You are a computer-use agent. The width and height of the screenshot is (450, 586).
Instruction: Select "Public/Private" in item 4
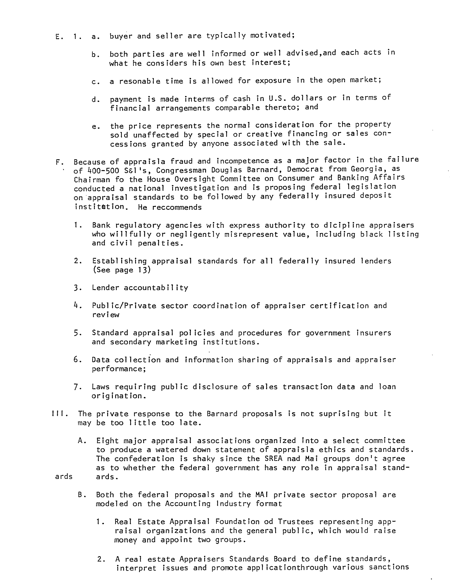pyautogui.click(x=124, y=306)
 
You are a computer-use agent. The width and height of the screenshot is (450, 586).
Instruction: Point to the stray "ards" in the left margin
pyautogui.click(x=64, y=476)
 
